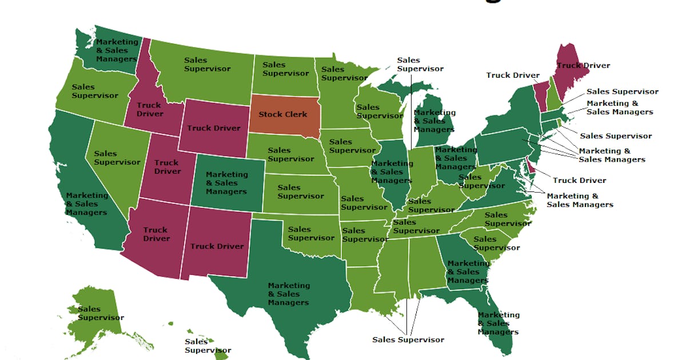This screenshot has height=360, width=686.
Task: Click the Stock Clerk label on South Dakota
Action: click(x=282, y=114)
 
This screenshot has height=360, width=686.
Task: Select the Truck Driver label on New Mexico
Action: click(x=217, y=246)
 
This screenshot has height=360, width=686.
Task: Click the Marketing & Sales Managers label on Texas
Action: click(x=289, y=294)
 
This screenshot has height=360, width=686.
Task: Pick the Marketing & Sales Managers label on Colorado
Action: click(x=227, y=183)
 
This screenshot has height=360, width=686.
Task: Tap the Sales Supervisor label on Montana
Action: click(x=207, y=64)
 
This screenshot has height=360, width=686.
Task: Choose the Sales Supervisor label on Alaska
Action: click(x=101, y=313)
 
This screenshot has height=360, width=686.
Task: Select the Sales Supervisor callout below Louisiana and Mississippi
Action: click(x=408, y=339)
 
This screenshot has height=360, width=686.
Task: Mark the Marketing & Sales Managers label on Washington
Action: click(x=117, y=50)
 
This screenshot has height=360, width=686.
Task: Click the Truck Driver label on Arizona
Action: click(x=156, y=234)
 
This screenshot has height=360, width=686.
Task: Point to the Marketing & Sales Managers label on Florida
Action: click(x=498, y=323)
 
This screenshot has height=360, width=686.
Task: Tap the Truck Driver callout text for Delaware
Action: click(x=579, y=181)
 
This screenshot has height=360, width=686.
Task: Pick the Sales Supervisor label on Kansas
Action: click(x=301, y=191)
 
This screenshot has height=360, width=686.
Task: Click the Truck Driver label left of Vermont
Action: click(x=513, y=75)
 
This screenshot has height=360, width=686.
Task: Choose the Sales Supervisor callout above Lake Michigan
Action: click(x=420, y=64)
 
